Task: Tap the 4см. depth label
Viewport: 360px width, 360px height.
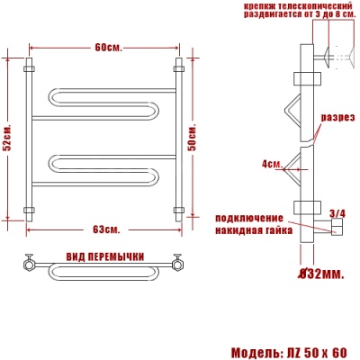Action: tap(272, 164)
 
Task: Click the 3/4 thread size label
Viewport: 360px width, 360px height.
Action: tap(337, 213)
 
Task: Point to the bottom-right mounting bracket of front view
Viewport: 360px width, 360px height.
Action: tap(178, 211)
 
